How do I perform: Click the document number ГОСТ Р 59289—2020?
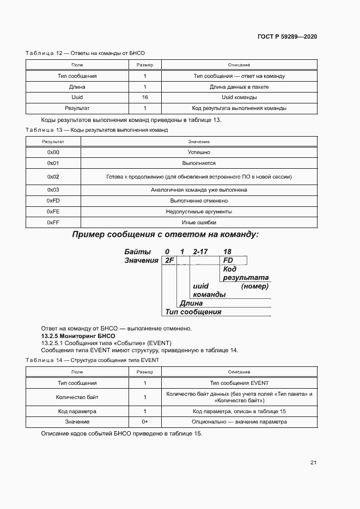287,36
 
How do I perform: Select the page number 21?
313,463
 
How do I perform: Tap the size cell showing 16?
145,97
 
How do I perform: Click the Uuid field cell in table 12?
77,97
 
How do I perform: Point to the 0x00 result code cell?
53,152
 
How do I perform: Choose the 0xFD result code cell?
53,200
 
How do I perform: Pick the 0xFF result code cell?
53,222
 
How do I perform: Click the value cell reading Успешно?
199,152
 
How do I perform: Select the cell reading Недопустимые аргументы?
199,211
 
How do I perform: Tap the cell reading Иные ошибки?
199,222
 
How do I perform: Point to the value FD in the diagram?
228,261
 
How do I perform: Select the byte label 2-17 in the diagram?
201,252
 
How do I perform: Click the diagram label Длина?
191,303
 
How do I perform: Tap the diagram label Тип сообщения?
193,312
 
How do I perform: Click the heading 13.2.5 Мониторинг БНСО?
68,336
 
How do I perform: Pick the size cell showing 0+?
145,422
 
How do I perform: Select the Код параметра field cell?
77,412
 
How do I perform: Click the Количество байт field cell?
77,397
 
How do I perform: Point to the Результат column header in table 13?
53,142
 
